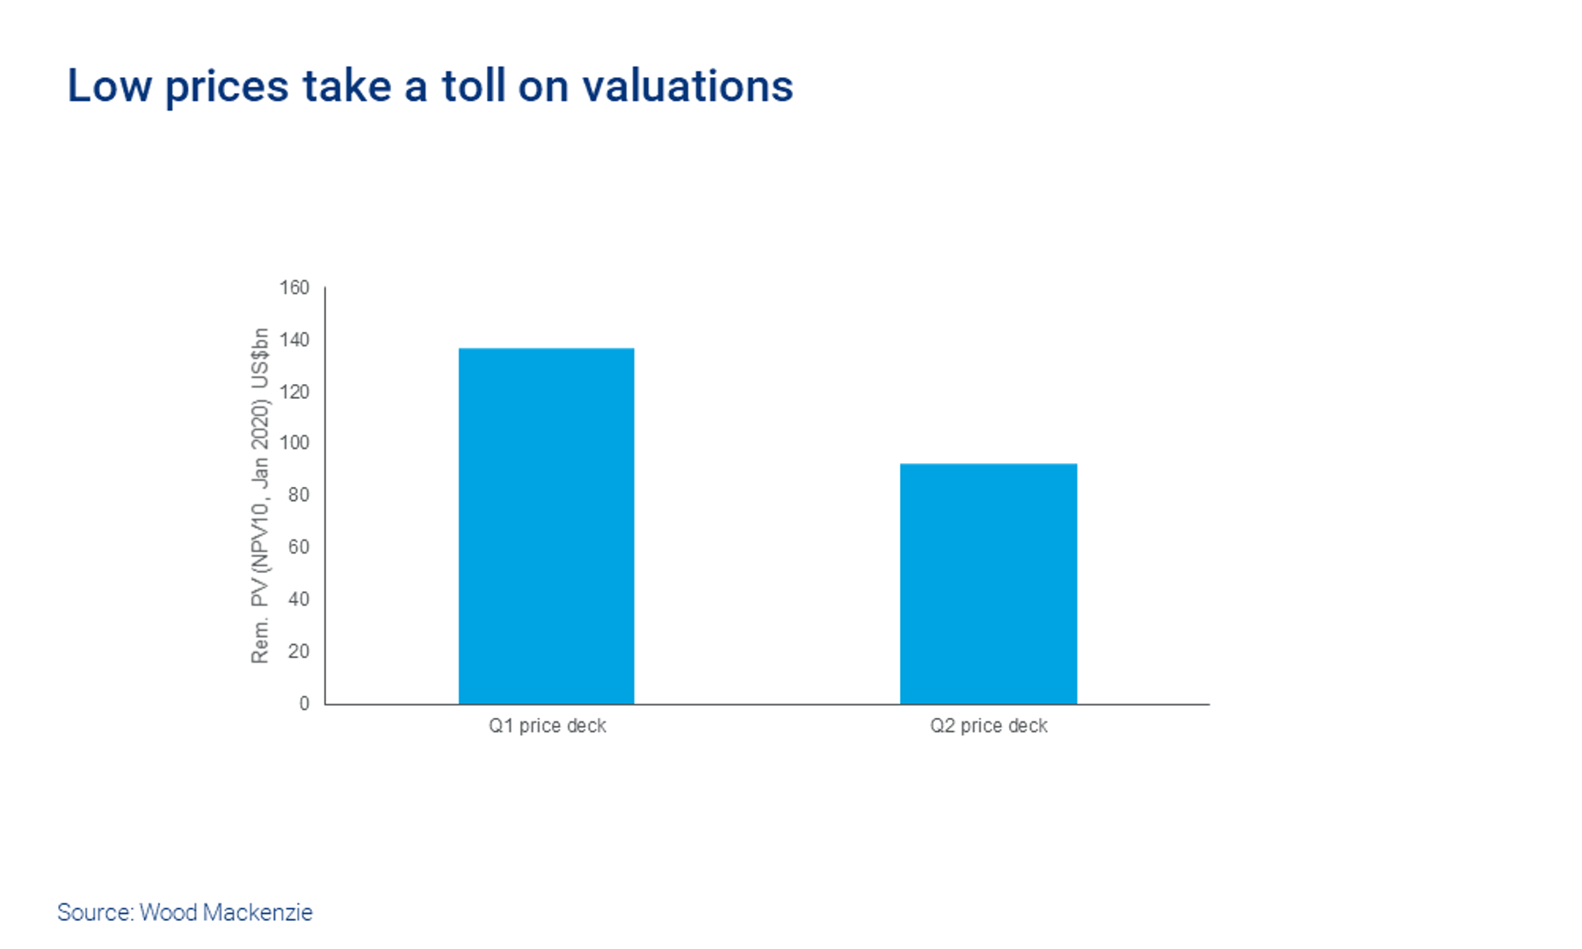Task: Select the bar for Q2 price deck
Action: tap(988, 583)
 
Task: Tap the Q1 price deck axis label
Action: tap(548, 726)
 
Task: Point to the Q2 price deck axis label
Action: tap(989, 726)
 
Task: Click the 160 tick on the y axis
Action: tap(294, 288)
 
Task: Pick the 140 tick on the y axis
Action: tap(294, 340)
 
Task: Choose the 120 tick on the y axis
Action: tap(294, 392)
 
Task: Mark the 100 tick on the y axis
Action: tap(294, 443)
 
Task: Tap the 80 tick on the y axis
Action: tap(299, 495)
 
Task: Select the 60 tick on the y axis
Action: tap(299, 547)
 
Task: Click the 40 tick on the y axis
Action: tap(299, 599)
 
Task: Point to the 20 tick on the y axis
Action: tap(299, 651)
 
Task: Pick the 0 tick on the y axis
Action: tap(304, 703)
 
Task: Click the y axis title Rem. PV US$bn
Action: tap(260, 496)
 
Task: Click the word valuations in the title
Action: tap(687, 86)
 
